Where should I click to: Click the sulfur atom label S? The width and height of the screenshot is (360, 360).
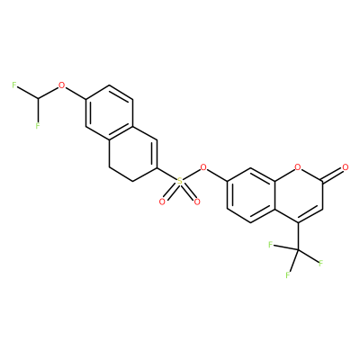click(x=179, y=181)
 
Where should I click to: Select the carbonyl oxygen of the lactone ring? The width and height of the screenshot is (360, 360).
click(x=345, y=167)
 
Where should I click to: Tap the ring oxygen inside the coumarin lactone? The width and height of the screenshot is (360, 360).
click(x=297, y=167)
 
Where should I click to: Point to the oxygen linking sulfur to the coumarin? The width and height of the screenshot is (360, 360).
click(x=203, y=167)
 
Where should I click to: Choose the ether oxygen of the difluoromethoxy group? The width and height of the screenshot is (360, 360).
click(x=62, y=85)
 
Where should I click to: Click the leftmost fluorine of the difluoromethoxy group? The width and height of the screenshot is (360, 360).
click(x=14, y=85)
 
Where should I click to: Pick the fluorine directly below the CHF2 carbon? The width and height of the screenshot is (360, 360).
click(x=38, y=126)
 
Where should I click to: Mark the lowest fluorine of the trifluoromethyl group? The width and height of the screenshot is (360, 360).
click(x=288, y=274)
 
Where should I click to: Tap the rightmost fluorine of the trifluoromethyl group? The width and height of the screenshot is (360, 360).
click(x=320, y=264)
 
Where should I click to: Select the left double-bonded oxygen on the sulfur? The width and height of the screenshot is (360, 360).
click(x=162, y=202)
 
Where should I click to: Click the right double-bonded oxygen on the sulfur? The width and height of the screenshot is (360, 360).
click(x=196, y=202)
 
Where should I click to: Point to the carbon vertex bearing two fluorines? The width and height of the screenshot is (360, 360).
click(x=38, y=99)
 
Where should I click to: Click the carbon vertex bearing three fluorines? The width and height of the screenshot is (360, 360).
click(x=298, y=249)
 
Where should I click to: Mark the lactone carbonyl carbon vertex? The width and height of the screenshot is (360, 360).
click(x=321, y=181)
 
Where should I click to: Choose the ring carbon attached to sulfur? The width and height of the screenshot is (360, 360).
click(x=156, y=167)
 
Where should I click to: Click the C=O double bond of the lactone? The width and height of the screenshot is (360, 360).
click(x=332, y=174)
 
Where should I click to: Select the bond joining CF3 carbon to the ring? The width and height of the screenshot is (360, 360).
click(x=298, y=236)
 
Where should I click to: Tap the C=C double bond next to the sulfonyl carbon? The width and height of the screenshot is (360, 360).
click(x=155, y=154)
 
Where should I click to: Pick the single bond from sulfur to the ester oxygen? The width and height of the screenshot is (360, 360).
click(x=192, y=174)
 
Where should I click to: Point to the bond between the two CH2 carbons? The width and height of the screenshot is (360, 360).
click(x=121, y=174)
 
